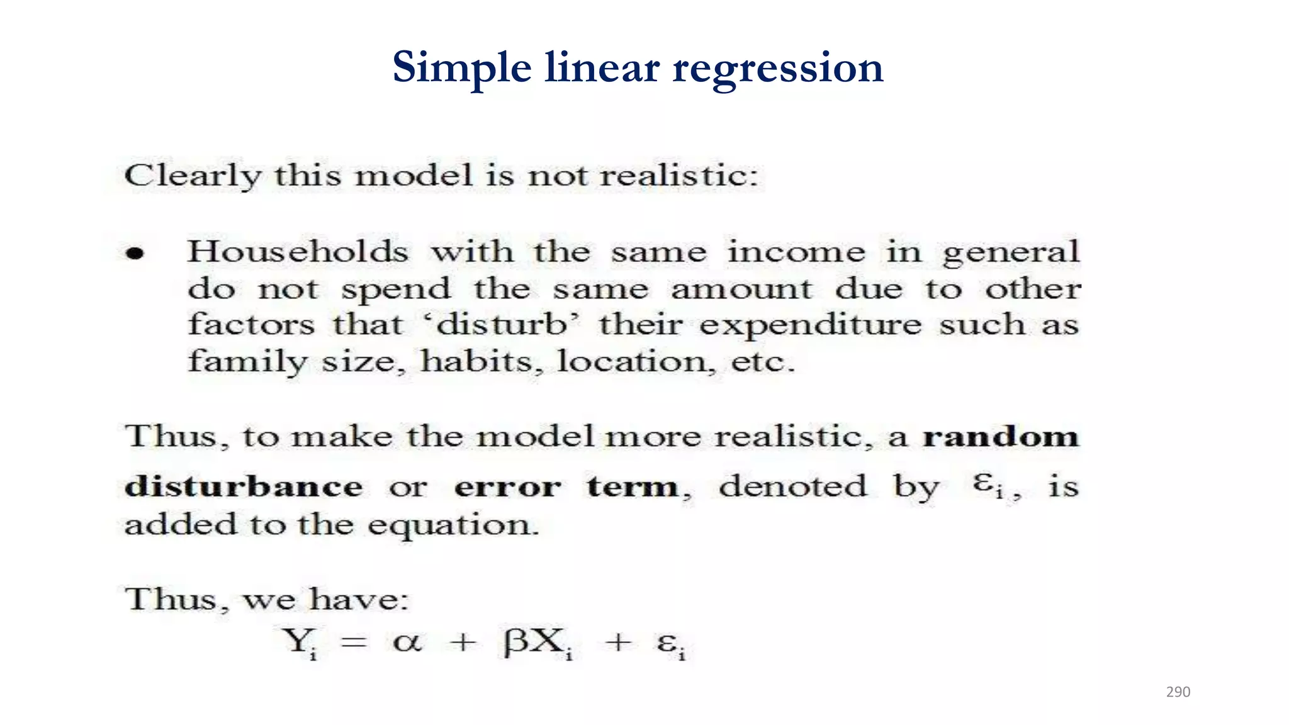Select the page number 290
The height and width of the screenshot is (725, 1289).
1178,692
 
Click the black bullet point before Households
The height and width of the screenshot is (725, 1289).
135,254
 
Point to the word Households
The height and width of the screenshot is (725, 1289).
298,252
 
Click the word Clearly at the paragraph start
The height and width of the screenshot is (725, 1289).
192,176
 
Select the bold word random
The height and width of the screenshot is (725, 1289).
1001,436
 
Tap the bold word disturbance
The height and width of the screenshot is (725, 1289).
244,486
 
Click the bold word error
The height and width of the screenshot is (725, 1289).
507,486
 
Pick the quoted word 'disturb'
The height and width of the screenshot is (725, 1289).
500,325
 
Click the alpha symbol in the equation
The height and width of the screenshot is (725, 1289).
407,642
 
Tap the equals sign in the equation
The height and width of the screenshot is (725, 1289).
354,643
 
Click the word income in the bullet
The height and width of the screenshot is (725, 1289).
796,252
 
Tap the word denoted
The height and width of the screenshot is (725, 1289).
793,486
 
